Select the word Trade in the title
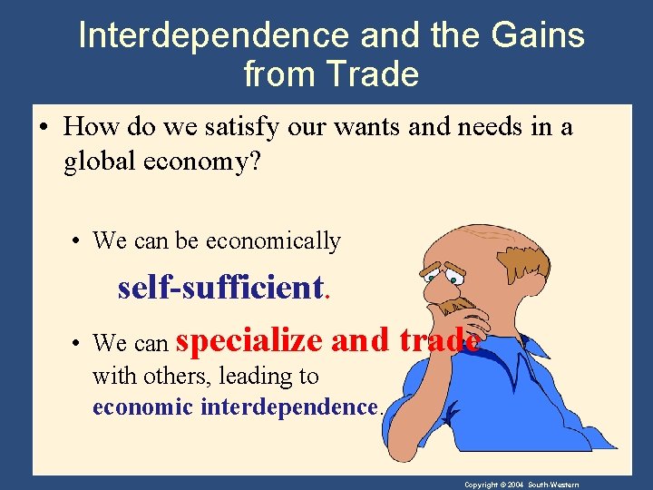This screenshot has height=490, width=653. click(375, 73)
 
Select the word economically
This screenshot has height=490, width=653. click(273, 240)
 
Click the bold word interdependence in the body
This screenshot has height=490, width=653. click(288, 407)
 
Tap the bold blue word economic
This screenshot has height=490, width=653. click(142, 407)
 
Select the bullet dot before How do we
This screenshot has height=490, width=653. click(43, 127)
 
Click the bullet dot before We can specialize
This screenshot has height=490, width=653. click(80, 345)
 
